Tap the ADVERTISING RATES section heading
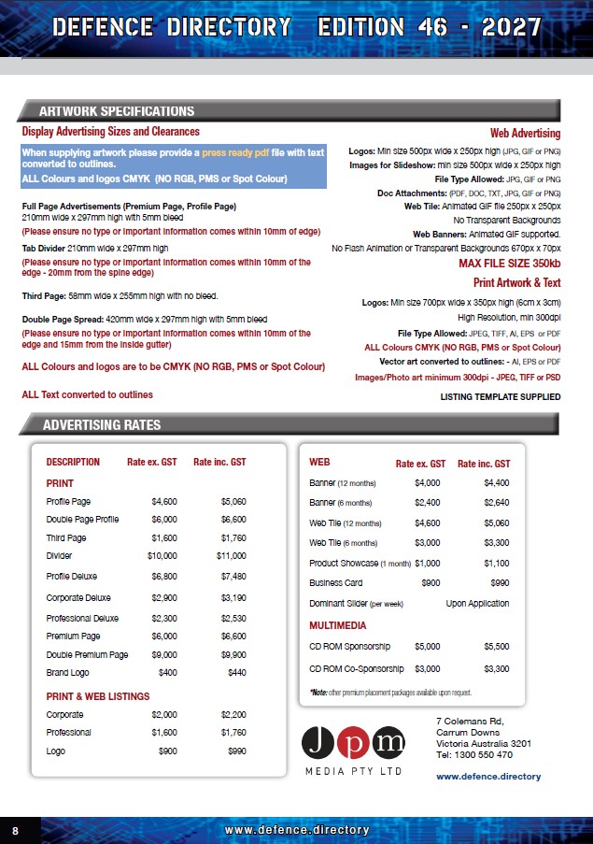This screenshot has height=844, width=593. [102, 425]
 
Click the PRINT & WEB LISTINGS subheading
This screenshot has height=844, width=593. [98, 696]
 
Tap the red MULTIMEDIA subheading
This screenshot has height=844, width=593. [337, 625]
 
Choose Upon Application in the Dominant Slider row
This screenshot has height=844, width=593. [477, 605]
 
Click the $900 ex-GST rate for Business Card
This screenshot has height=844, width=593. [430, 583]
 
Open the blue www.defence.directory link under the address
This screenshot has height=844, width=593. [488, 777]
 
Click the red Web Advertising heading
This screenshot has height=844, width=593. [525, 134]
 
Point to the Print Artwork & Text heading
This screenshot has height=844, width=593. [516, 282]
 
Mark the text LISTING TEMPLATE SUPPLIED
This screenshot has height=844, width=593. [500, 397]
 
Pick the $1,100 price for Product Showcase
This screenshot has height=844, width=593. [496, 563]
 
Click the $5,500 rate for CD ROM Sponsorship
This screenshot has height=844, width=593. [496, 646]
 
